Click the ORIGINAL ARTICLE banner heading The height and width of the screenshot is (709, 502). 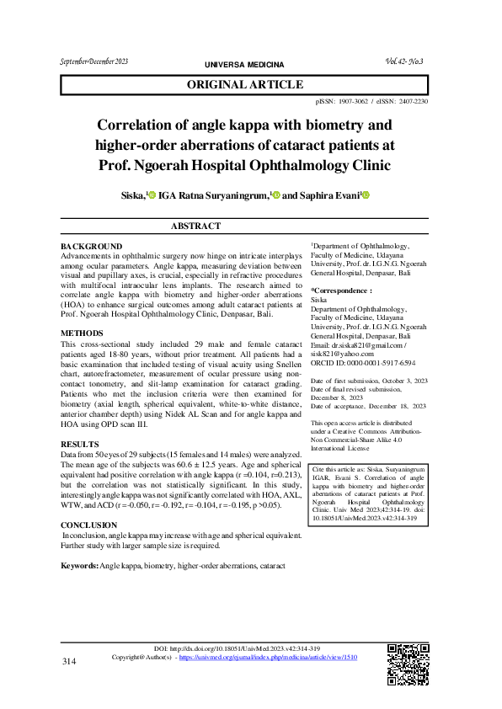click(x=244, y=85)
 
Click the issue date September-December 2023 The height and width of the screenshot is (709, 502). click(x=93, y=61)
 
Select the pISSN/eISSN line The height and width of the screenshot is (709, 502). click(x=371, y=101)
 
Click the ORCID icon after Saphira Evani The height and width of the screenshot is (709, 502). click(x=366, y=195)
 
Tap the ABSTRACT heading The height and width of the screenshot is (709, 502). click(x=195, y=226)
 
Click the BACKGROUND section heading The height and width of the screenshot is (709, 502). click(x=92, y=246)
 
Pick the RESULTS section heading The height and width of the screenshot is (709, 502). click(x=81, y=443)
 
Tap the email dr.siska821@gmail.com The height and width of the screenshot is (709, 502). click(x=367, y=344)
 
